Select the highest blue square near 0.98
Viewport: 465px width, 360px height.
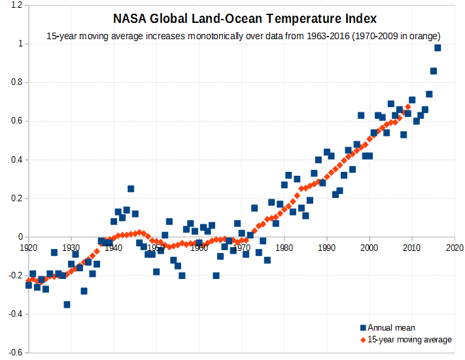pyautogui.click(x=438, y=48)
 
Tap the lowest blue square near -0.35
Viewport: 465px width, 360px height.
pyautogui.click(x=67, y=304)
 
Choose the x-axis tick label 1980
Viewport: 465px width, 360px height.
pyautogui.click(x=284, y=248)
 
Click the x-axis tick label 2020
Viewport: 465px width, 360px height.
pyautogui.click(x=455, y=248)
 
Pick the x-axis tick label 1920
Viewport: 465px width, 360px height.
pyautogui.click(x=29, y=248)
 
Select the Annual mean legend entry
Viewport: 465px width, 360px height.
pyautogui.click(x=391, y=327)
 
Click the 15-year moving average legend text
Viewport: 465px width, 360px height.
pyautogui.click(x=409, y=339)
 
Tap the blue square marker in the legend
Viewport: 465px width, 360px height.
pyautogui.click(x=362, y=327)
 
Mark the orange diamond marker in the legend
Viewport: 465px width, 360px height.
pyautogui.click(x=362, y=340)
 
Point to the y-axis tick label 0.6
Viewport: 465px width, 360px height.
pyautogui.click(x=16, y=121)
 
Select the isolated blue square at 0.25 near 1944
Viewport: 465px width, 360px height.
pyautogui.click(x=131, y=189)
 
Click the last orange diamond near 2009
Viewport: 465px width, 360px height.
pyautogui.click(x=408, y=106)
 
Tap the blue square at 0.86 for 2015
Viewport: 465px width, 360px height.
pyautogui.click(x=433, y=71)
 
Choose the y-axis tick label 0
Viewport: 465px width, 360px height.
pyautogui.click(x=20, y=237)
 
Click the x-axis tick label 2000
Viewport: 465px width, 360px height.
pyautogui.click(x=370, y=248)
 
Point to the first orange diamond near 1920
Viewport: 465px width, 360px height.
pyautogui.click(x=29, y=280)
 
